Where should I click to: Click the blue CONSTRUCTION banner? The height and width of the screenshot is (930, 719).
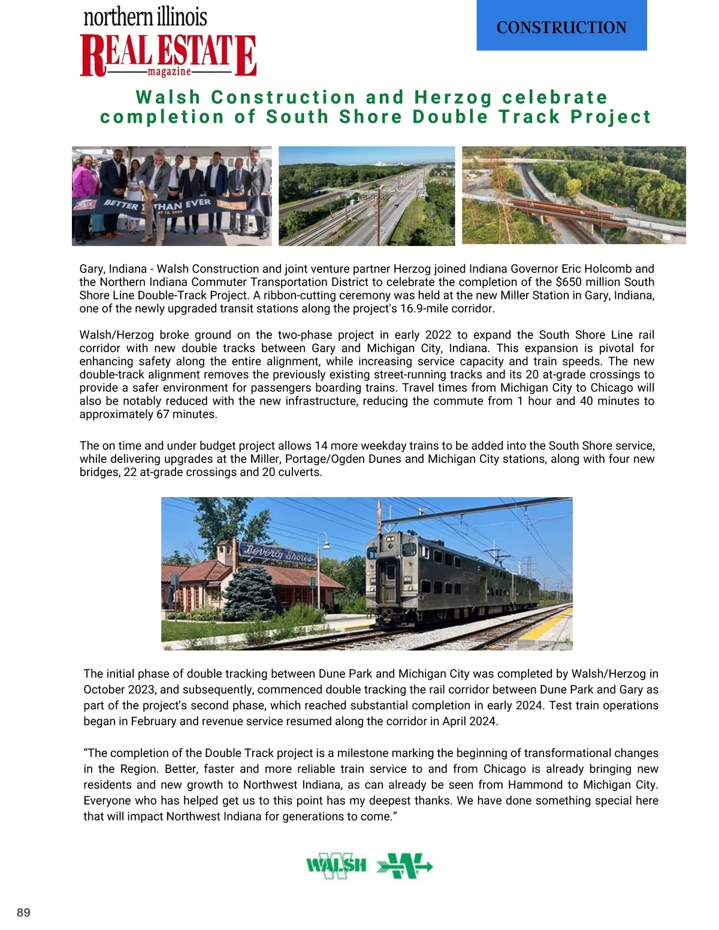pos(561,27)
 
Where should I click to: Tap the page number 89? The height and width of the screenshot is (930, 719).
pos(23,913)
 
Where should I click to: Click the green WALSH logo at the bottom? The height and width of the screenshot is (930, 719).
pos(336,865)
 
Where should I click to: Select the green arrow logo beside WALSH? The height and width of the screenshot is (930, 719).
pos(404,866)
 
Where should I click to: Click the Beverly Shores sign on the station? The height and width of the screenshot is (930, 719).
pos(277,553)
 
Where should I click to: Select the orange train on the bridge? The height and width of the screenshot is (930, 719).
pos(563,209)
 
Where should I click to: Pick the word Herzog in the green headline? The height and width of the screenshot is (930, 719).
pos(453,97)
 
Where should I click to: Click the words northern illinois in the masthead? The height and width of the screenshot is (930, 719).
pos(146,17)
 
